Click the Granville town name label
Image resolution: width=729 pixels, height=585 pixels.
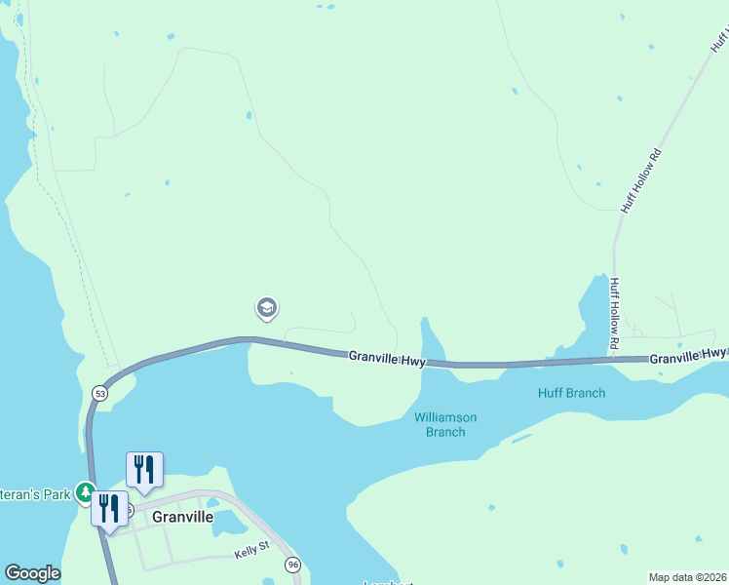183,518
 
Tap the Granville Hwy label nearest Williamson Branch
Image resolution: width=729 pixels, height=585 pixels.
387,359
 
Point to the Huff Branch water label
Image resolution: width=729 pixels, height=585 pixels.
571,393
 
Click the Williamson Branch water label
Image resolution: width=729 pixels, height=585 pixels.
445,424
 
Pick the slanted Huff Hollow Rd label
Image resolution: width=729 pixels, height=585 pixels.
641,180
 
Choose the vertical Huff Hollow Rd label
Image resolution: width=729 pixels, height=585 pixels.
614,315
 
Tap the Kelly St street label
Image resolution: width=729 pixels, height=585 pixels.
249,553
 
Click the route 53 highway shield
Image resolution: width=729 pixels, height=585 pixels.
99,392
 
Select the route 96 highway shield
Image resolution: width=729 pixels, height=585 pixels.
292,565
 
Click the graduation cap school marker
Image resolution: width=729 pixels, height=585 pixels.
266,309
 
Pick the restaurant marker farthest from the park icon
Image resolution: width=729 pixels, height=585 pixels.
144,469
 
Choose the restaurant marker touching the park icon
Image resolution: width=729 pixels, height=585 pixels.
108,507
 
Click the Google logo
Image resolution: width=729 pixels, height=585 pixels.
32,573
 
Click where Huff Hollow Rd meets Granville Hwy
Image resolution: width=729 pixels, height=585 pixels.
614,359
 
